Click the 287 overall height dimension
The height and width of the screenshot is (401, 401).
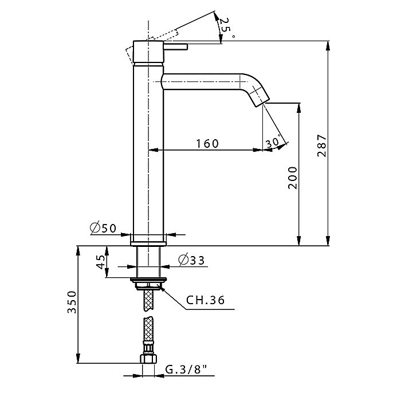(322, 146)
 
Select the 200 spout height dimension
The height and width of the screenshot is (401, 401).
(293, 178)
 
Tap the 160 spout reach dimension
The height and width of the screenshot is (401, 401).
(207, 144)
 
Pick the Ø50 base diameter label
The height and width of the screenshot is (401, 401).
(103, 228)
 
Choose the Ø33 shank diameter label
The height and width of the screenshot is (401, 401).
(191, 260)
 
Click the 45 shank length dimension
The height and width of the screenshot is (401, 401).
(101, 262)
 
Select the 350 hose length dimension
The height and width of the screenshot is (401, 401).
(72, 302)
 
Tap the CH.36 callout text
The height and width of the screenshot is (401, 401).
(205, 300)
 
